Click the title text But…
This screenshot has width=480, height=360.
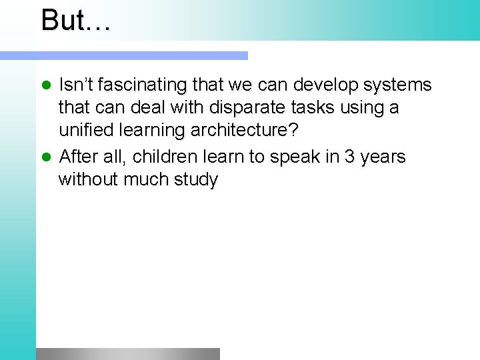point(75,20)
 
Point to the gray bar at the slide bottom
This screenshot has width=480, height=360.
point(127,353)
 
